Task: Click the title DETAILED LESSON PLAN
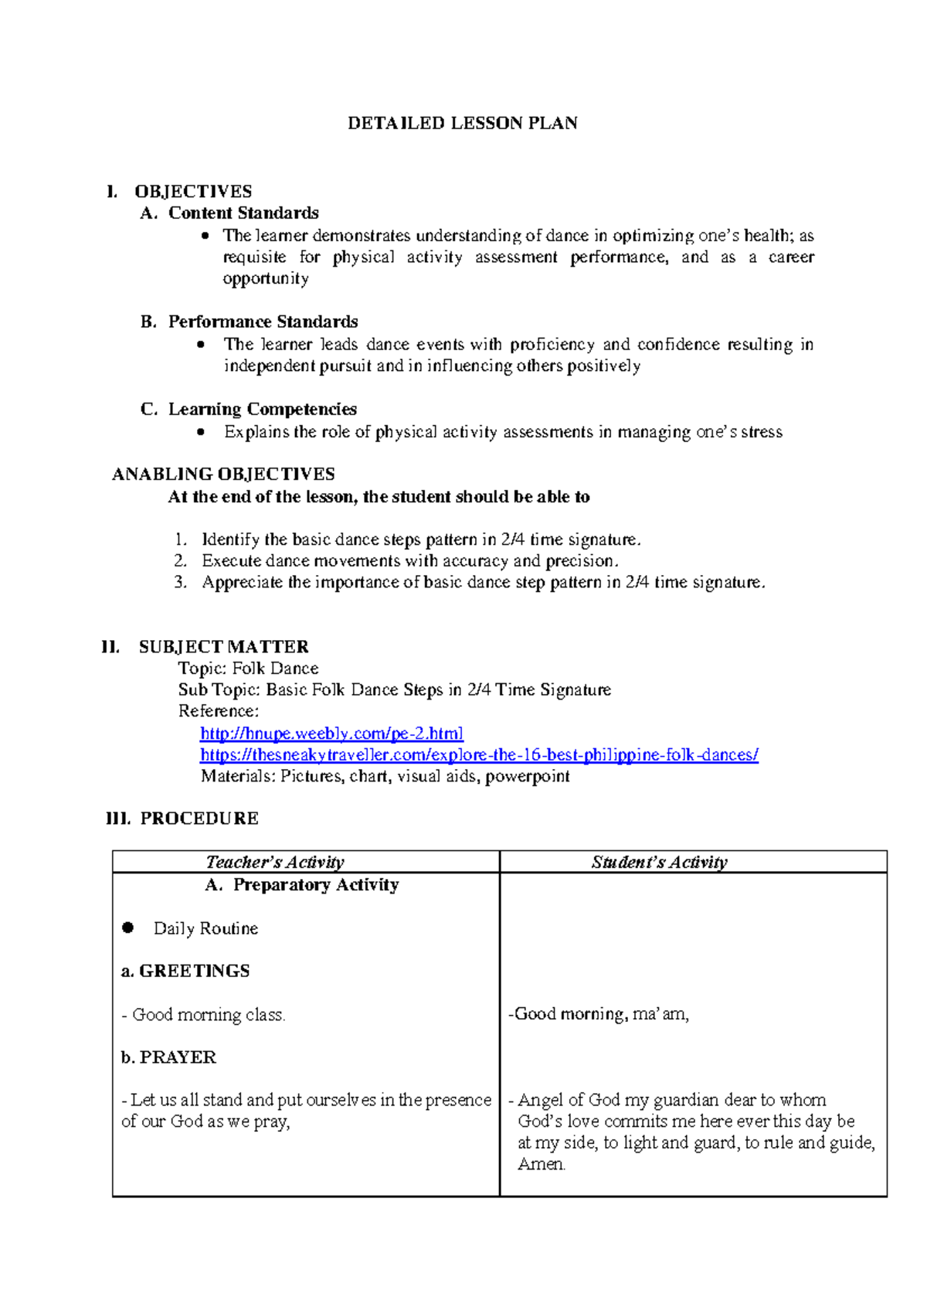tap(462, 124)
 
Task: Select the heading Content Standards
tap(243, 213)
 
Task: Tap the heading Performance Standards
tap(263, 322)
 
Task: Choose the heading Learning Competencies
tap(263, 409)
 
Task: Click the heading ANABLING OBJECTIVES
tap(223, 475)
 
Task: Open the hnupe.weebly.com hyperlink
tap(331, 733)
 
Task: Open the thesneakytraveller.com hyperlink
tap(479, 754)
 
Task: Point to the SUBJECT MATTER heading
tap(223, 647)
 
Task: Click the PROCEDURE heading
tap(199, 819)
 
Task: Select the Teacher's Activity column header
tap(275, 862)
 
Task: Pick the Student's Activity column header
tap(659, 862)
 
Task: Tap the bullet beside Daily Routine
tap(128, 928)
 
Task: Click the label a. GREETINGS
tap(185, 971)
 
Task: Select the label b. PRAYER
tap(169, 1057)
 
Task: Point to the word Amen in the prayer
tap(541, 1164)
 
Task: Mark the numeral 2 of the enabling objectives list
tap(180, 561)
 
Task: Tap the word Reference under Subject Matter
tap(218, 711)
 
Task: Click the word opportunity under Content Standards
tap(266, 278)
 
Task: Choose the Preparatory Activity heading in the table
tap(315, 885)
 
